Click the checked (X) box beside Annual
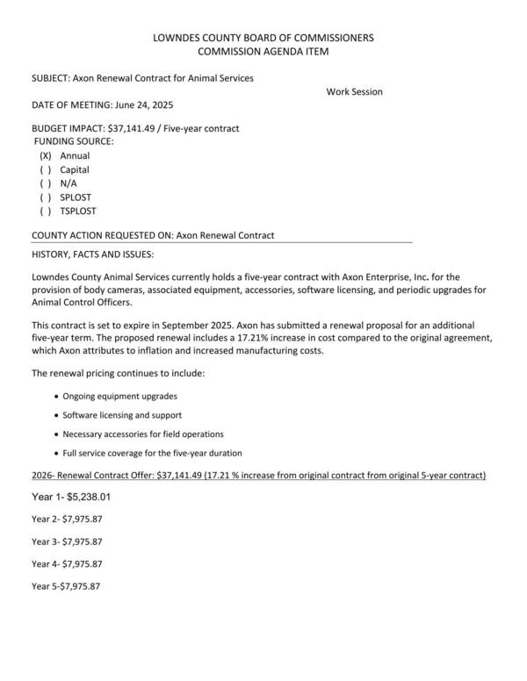coord(46,155)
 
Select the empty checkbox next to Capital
coord(46,169)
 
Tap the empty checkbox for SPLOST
coord(46,197)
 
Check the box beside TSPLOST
coord(46,211)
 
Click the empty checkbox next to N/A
coord(46,183)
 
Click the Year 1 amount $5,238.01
coord(86,496)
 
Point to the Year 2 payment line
coord(67,519)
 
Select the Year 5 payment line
coord(66,586)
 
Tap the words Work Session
coord(354,91)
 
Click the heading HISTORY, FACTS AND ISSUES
coord(92,254)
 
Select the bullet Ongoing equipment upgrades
coord(119,397)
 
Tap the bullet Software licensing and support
coord(122,415)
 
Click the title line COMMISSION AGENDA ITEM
coord(263,53)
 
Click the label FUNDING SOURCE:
coord(74,140)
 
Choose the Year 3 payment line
coord(67,541)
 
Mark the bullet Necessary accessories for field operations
coord(143,434)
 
